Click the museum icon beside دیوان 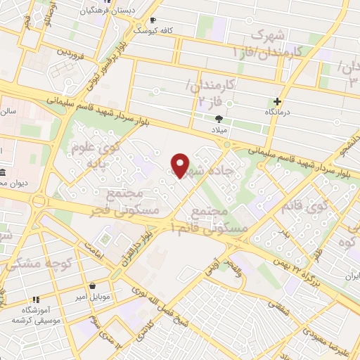pos(4,172)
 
